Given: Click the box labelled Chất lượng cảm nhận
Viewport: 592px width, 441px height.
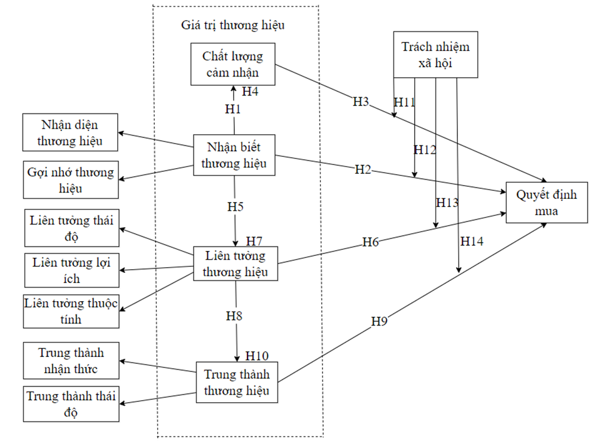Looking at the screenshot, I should tap(233, 64).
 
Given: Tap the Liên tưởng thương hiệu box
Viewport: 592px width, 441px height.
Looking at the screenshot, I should tap(235, 263).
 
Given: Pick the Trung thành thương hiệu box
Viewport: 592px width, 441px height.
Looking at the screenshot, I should tap(237, 382).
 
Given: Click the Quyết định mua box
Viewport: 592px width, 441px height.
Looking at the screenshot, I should tap(547, 203).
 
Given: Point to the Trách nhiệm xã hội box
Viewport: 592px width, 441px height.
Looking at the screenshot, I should tap(435, 55).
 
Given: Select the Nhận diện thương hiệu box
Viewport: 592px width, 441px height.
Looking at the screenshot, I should tap(70, 132).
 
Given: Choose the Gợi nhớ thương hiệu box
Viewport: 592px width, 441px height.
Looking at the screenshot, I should tap(70, 179).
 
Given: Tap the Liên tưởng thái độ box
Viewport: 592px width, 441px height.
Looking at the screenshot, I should tap(71, 228).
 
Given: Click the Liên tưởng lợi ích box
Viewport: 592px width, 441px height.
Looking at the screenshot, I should tap(71, 270).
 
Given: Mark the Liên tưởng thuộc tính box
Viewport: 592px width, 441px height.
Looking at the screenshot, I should tap(71, 311).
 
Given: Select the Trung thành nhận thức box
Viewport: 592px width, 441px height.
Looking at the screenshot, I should tap(70, 360).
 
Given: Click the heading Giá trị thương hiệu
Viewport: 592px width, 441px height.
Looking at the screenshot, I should tap(233, 26).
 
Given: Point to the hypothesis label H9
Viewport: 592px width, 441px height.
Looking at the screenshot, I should tap(380, 321).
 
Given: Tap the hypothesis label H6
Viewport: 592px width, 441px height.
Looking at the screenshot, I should tap(371, 242).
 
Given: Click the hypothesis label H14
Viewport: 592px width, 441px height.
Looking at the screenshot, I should tap(472, 241).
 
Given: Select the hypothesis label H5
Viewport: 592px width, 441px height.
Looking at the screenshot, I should tap(236, 205).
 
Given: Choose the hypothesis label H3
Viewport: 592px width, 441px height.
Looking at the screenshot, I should tap(361, 102).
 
